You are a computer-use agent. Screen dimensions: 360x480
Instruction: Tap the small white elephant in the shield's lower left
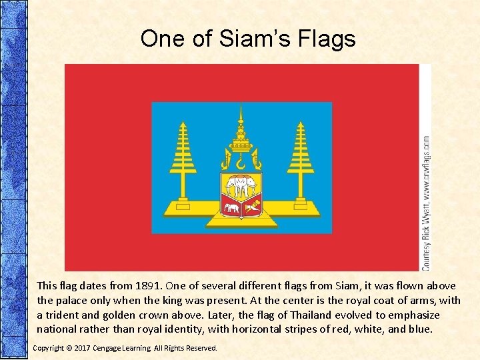pyautogui.click(x=231, y=208)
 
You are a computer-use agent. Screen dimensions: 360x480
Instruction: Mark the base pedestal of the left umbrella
pyautogui.click(x=181, y=202)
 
